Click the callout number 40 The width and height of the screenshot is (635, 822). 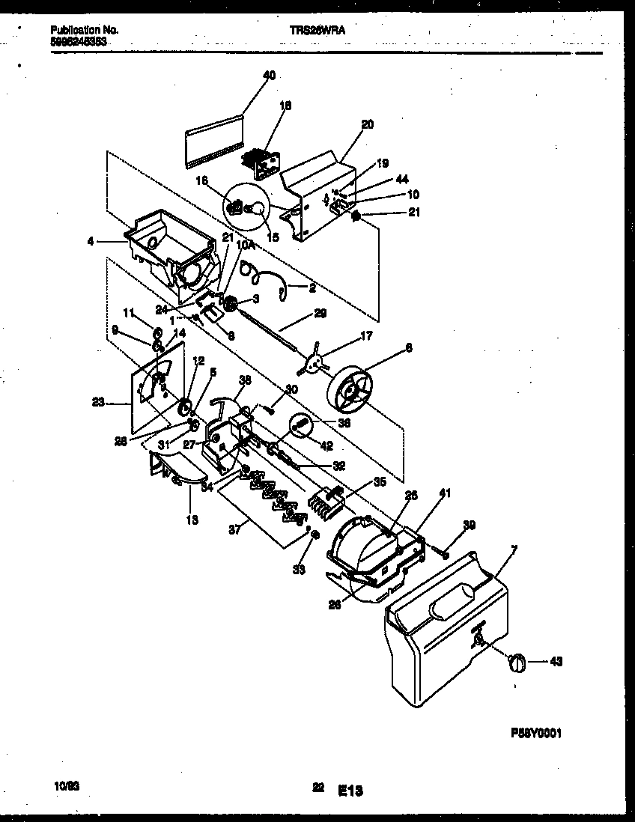click(270, 75)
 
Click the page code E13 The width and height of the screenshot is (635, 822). click(350, 789)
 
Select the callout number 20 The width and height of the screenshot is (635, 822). click(367, 124)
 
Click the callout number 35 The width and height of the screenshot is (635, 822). click(380, 483)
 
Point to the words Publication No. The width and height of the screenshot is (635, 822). click(85, 30)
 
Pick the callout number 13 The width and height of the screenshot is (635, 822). click(192, 520)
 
